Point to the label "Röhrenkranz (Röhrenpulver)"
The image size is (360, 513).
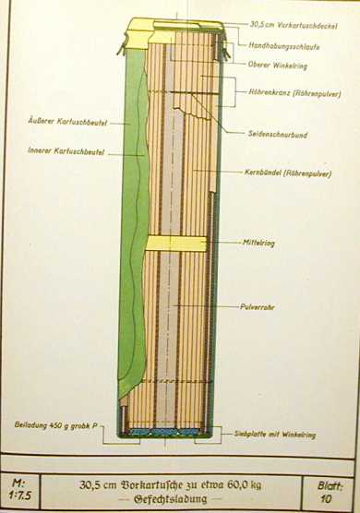(x=290, y=93)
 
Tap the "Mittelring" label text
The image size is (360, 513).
(x=262, y=244)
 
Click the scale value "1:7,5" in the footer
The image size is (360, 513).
(x=20, y=493)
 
